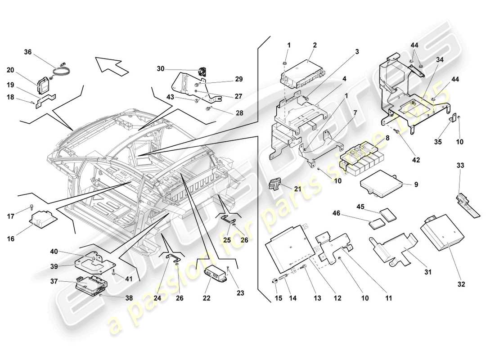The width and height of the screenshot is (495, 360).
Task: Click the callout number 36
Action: tap(27, 52)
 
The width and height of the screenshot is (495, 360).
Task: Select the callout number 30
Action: tap(161, 69)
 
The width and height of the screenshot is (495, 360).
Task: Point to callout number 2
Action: tap(315, 45)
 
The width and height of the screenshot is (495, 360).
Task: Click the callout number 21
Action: tap(297, 189)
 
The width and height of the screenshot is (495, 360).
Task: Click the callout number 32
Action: tap(461, 284)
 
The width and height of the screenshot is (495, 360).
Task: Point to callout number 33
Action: tap(460, 165)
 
